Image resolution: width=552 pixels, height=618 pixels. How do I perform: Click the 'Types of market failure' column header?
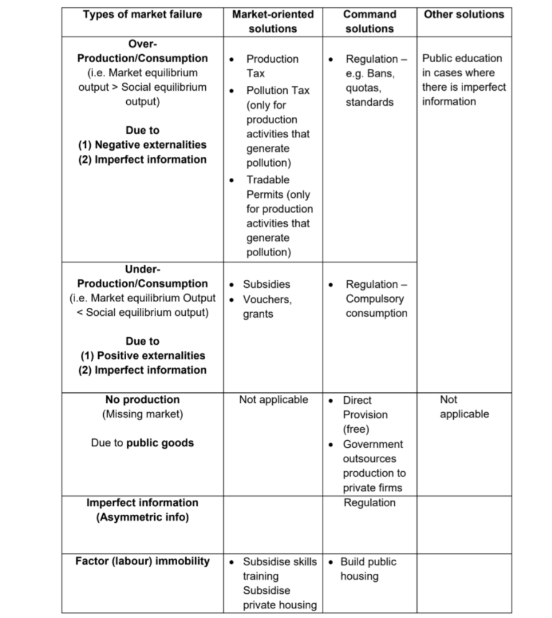click(x=142, y=14)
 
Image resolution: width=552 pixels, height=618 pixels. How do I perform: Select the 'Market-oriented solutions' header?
click(x=272, y=21)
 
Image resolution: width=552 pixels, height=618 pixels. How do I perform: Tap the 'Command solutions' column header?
click(x=369, y=21)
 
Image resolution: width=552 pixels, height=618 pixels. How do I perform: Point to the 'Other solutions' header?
click(x=464, y=14)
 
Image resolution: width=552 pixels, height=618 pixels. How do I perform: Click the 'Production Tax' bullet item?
click(x=272, y=66)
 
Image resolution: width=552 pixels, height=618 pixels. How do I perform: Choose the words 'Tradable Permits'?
click(x=268, y=187)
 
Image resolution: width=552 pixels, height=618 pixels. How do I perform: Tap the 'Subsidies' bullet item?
click(x=266, y=284)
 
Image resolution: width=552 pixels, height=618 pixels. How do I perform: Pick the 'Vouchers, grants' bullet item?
click(x=267, y=307)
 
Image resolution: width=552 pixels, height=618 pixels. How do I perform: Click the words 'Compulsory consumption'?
click(x=376, y=306)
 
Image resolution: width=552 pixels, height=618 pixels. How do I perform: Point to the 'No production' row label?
click(x=142, y=400)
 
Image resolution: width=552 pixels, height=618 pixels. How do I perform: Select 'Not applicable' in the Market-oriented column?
click(x=273, y=400)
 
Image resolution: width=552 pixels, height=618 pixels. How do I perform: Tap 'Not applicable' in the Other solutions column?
click(x=464, y=407)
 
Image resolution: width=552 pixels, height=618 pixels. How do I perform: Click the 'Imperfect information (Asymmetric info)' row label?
click(x=142, y=510)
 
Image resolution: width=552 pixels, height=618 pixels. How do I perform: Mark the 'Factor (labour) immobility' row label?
click(x=142, y=561)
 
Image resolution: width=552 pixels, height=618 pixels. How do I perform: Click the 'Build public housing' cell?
click(x=367, y=569)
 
